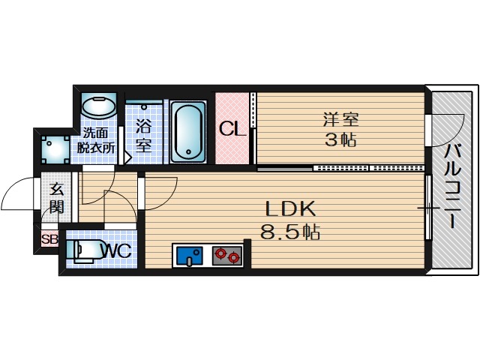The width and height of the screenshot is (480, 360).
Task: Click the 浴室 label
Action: point(143,136)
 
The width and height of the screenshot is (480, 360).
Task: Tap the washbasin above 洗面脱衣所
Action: point(97,106)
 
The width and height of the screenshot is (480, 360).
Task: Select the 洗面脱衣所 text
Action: point(97,140)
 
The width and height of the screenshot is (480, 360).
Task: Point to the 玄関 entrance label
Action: point(57,198)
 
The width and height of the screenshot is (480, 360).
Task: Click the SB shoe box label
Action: point(49,240)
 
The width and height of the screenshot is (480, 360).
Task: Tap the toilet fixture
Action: point(83,250)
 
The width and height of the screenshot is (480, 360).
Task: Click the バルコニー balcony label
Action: point(451,184)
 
